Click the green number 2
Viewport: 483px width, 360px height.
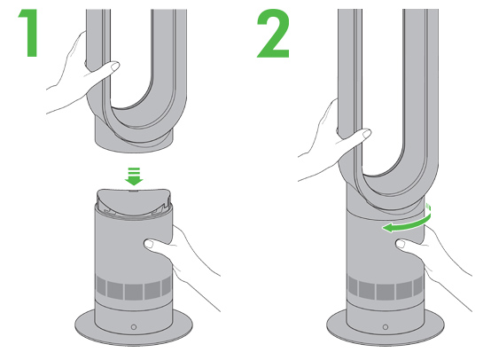click(x=274, y=33)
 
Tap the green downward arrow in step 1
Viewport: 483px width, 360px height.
click(x=134, y=176)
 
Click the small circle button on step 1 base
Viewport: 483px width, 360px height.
click(x=134, y=327)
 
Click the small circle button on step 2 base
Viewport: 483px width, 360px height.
click(x=386, y=327)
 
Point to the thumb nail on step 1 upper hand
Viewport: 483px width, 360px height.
click(x=115, y=67)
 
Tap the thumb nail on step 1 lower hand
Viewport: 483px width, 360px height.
click(x=149, y=244)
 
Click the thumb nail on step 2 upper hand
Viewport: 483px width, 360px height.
click(x=367, y=134)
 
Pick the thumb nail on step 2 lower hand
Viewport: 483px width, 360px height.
click(x=401, y=244)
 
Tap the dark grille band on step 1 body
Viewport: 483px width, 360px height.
click(x=134, y=288)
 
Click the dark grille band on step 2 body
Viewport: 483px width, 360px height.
click(x=386, y=288)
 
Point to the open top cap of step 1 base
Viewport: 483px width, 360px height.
click(x=134, y=202)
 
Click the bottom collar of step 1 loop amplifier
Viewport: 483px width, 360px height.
click(x=134, y=138)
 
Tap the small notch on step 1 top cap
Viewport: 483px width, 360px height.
click(x=134, y=191)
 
